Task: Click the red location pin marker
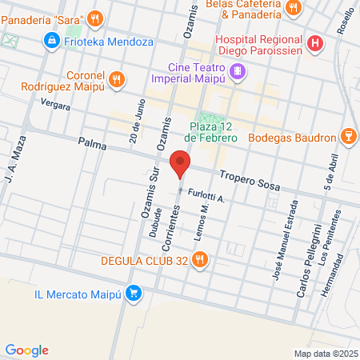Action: (180, 166)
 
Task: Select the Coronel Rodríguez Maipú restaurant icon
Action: (117, 78)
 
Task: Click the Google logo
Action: (26, 350)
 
